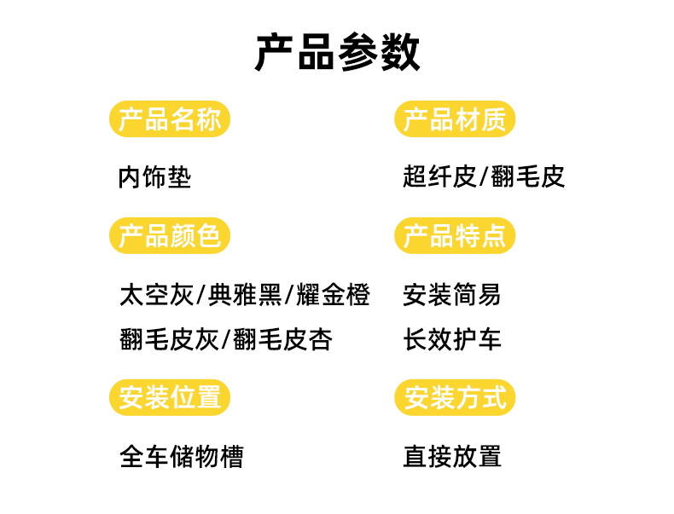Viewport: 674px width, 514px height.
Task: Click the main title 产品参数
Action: pyautogui.click(x=337, y=53)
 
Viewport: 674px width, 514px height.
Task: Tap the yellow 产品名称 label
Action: pyautogui.click(x=170, y=119)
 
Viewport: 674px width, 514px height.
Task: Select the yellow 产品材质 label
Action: pyautogui.click(x=455, y=119)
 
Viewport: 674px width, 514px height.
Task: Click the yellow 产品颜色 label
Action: pyautogui.click(x=170, y=236)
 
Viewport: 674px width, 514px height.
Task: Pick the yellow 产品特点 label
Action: pyautogui.click(x=455, y=236)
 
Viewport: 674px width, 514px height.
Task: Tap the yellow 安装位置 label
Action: pyautogui.click(x=170, y=397)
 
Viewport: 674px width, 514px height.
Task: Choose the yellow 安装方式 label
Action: pyautogui.click(x=455, y=397)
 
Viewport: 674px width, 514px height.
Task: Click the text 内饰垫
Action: pyautogui.click(x=154, y=177)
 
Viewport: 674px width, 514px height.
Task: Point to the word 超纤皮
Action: pyautogui.click(x=439, y=177)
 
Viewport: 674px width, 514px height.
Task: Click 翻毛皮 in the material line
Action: pyautogui.click(x=528, y=177)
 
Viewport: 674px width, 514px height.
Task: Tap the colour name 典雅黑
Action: pyautogui.click(x=245, y=296)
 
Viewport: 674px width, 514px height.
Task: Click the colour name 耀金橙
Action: pyautogui.click(x=334, y=296)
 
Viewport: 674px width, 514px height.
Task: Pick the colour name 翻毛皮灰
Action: pyautogui.click(x=170, y=340)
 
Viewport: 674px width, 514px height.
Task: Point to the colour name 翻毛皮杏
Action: pyautogui.click(x=282, y=340)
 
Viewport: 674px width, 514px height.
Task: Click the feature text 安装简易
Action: pyautogui.click(x=452, y=296)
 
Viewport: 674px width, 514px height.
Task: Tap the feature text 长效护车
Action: pyautogui.click(x=452, y=340)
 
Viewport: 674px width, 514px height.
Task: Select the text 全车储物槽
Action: pyautogui.click(x=182, y=457)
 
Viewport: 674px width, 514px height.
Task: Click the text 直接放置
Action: pyautogui.click(x=452, y=457)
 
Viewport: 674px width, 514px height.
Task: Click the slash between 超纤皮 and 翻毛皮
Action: pyautogui.click(x=484, y=177)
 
